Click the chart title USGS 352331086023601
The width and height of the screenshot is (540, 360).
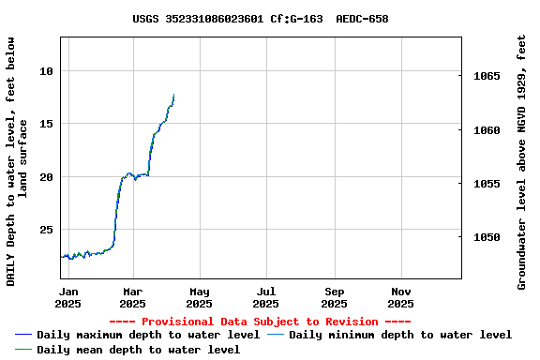261,19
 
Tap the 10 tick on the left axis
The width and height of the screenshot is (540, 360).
47,71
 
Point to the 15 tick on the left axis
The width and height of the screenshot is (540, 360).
47,124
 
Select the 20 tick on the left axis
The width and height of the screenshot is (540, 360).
47,176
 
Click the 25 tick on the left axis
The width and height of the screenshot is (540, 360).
47,230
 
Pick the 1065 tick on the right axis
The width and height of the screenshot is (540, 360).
487,77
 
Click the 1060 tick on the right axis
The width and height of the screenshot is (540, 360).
487,130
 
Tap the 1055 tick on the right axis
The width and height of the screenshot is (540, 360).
487,184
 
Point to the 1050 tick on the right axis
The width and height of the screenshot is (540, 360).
487,237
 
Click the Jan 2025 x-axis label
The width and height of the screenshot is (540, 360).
68,297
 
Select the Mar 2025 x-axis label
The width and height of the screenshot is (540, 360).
132,297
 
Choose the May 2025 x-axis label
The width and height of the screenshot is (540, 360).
199,297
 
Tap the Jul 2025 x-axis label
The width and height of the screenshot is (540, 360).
266,297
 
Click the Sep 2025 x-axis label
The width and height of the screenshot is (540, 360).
334,297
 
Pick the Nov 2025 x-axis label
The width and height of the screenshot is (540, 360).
400,297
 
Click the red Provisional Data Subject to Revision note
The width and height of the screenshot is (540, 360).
260,322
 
